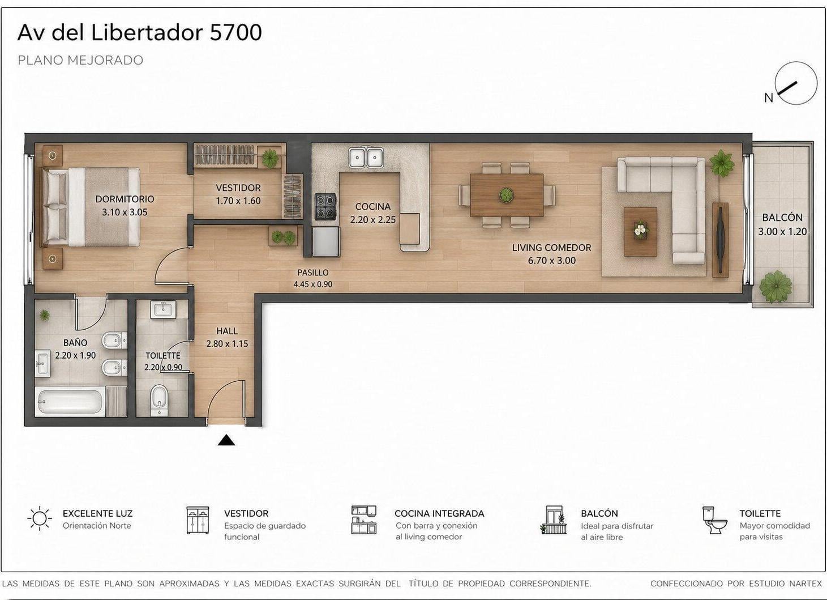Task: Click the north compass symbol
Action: click(796, 83)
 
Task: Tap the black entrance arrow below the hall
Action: click(226, 440)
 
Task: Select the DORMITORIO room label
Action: click(125, 199)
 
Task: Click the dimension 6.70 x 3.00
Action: click(551, 261)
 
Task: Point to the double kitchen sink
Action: click(366, 158)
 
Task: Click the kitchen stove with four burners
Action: click(325, 207)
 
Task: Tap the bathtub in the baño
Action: click(70, 402)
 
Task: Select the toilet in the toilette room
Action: click(160, 401)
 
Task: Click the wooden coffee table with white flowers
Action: click(640, 232)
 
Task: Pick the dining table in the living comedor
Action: click(507, 195)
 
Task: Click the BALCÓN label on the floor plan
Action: click(782, 217)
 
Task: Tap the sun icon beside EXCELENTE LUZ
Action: click(40, 518)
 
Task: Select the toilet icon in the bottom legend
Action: click(714, 520)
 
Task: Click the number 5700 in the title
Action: click(235, 32)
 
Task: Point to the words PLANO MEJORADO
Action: click(80, 60)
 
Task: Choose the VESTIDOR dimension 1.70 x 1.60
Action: click(238, 201)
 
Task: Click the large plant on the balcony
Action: click(775, 287)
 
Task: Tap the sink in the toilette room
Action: click(163, 309)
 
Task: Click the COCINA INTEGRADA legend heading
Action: click(439, 513)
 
